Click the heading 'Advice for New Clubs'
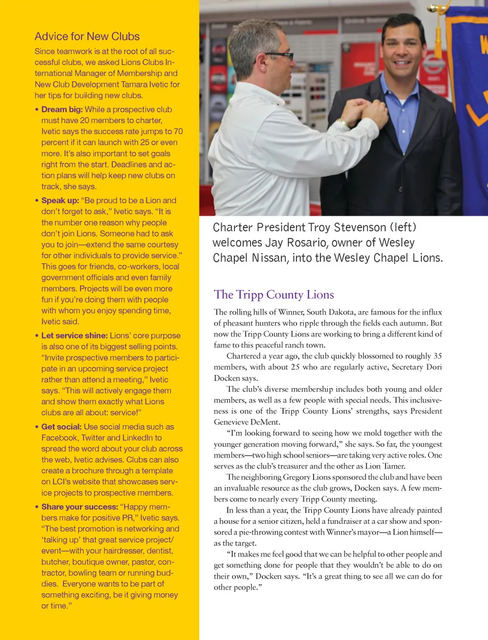pos(87,37)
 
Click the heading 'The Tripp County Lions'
pos(274,295)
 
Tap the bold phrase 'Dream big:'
pos(62,110)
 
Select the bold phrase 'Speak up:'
pos(60,201)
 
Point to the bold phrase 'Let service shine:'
pos(74,336)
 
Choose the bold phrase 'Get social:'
pos(61,427)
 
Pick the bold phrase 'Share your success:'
pos(79,507)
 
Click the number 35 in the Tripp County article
pos(437,356)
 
